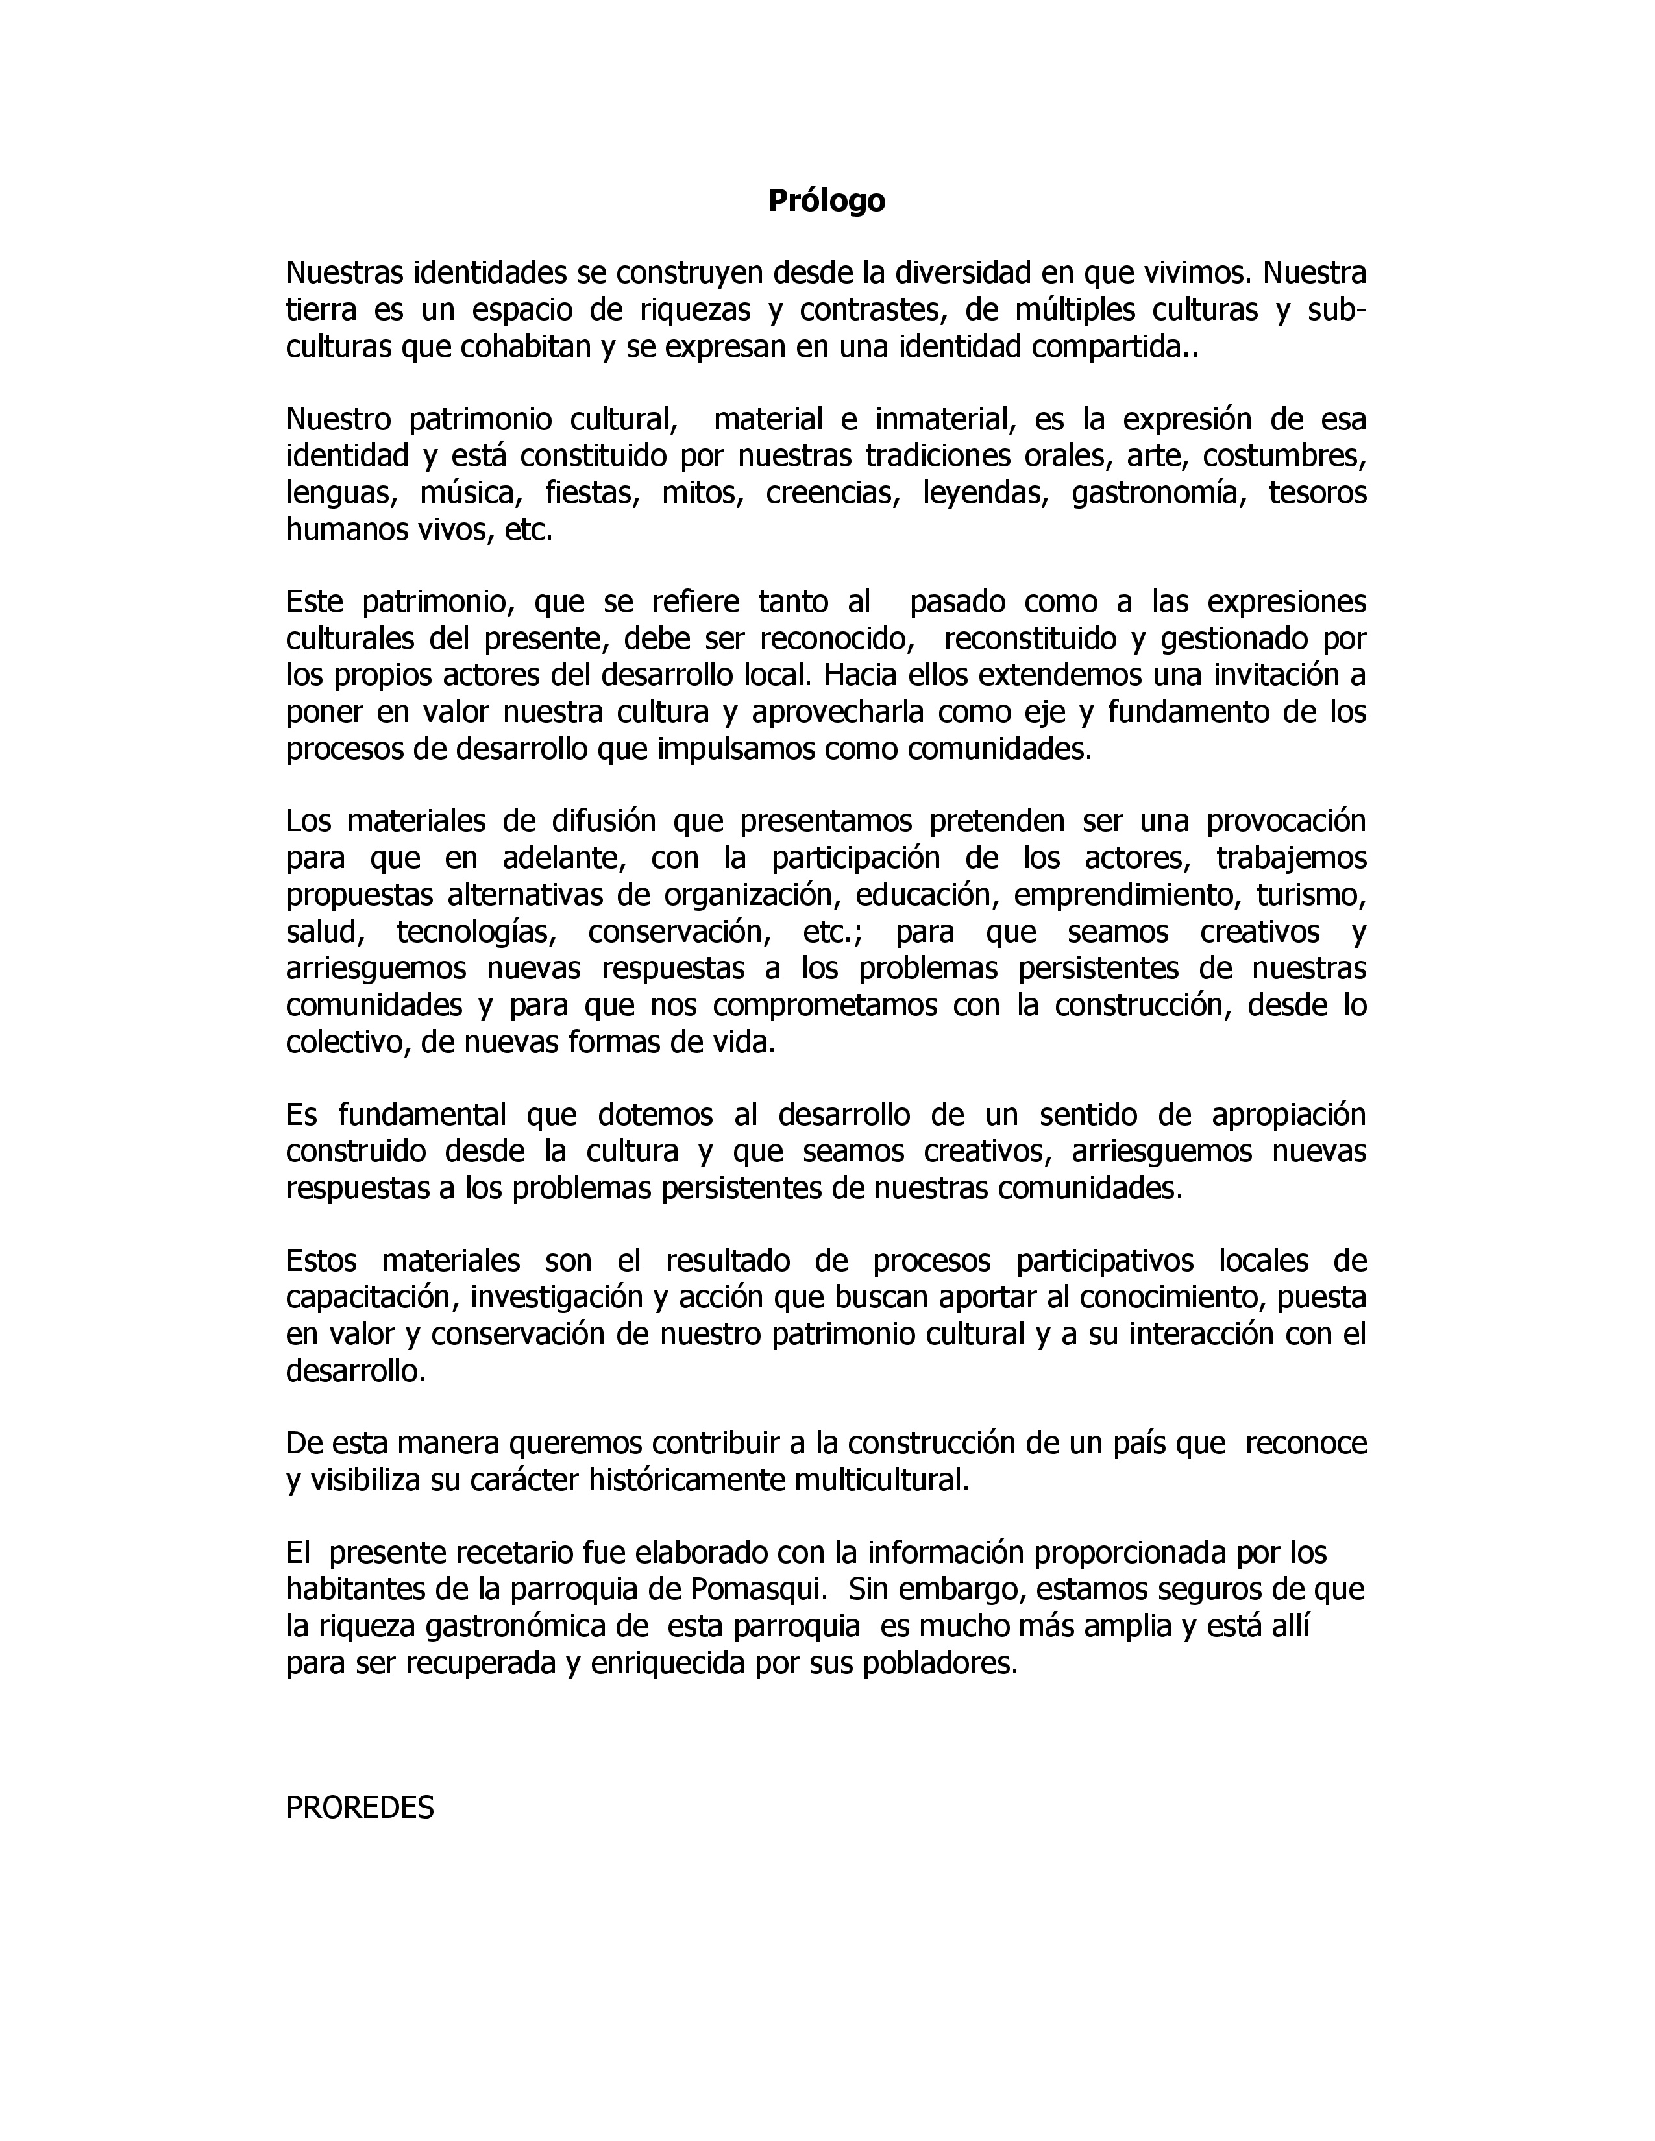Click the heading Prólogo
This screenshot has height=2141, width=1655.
[826, 201]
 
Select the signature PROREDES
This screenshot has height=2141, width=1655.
[360, 1807]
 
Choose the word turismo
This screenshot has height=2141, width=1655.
[1311, 895]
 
